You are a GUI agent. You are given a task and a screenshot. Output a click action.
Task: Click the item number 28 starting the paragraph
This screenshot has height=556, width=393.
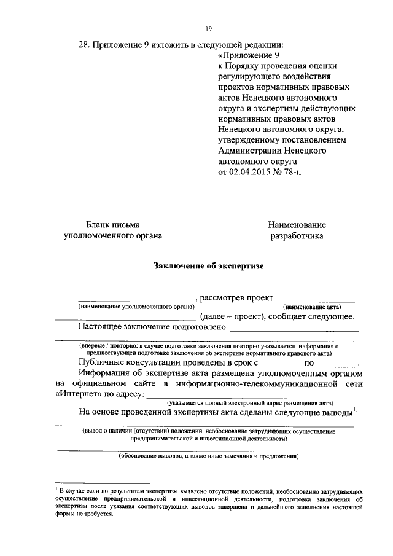(x=85, y=44)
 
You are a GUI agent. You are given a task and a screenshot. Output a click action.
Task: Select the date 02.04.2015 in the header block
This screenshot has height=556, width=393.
(x=249, y=171)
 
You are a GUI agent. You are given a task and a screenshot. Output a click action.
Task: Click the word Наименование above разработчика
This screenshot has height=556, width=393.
(x=297, y=225)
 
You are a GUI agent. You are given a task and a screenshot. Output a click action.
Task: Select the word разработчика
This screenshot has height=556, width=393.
(x=297, y=235)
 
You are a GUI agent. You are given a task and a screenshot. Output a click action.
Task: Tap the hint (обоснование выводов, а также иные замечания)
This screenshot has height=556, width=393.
(x=208, y=456)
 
